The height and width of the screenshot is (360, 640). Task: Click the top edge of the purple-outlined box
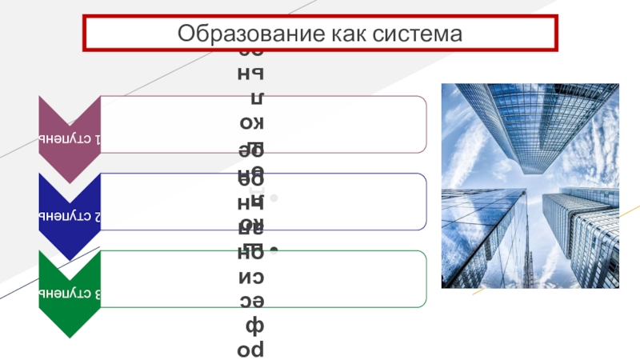(320, 96)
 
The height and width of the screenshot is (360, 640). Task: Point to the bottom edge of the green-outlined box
(320, 307)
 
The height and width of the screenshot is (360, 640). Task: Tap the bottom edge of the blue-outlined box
(320, 230)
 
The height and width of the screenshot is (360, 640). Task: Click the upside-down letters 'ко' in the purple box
(255, 126)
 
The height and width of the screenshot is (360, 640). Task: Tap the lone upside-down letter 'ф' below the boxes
(255, 326)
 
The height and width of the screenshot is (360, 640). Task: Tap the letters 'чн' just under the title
(255, 74)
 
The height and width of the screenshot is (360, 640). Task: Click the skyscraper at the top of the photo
(520, 120)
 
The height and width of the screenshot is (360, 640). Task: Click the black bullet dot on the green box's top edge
(273, 251)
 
